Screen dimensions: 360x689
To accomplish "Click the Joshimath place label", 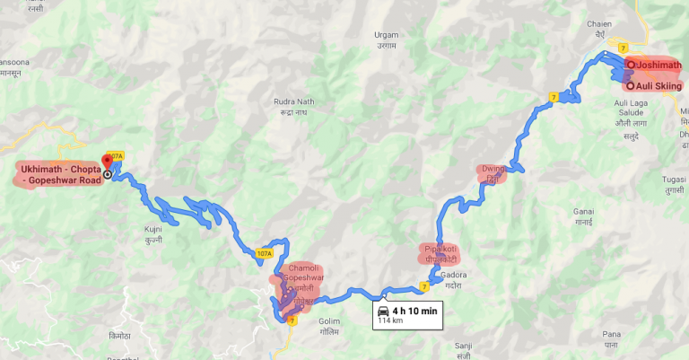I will pyautogui.click(x=658, y=65).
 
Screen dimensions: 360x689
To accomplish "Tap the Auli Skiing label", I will pyautogui.click(x=658, y=86).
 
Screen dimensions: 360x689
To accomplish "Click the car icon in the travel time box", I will pyautogui.click(x=384, y=311).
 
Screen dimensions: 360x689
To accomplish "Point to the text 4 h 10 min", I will pyautogui.click(x=414, y=311).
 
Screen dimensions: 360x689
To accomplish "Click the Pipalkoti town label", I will pyautogui.click(x=437, y=249).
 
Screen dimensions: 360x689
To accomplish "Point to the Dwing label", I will pyautogui.click(x=493, y=168).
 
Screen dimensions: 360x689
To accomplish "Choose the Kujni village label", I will pyautogui.click(x=153, y=230).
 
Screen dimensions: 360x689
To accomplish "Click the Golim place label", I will pyautogui.click(x=330, y=320).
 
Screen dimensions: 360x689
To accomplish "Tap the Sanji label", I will pyautogui.click(x=463, y=345).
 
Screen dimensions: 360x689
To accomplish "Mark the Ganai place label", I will pyautogui.click(x=583, y=211).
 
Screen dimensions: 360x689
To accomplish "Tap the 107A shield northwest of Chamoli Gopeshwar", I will pyautogui.click(x=264, y=254).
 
